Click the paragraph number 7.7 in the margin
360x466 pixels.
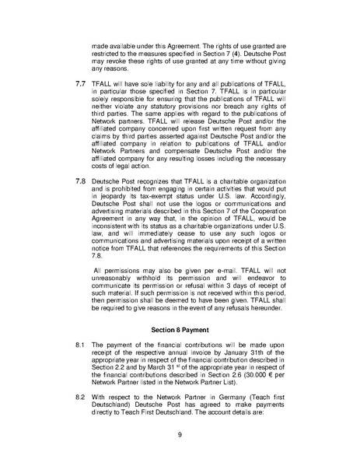[x=79, y=103]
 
